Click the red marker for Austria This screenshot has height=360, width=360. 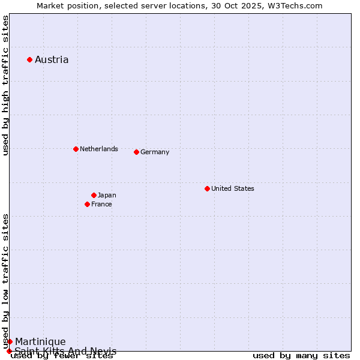(x=29, y=59)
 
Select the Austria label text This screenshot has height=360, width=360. (x=52, y=59)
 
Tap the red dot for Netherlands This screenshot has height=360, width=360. (x=76, y=149)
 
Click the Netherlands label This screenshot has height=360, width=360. (x=99, y=149)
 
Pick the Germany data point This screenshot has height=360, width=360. (x=136, y=152)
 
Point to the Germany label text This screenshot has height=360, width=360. (x=155, y=152)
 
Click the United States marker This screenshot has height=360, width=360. (x=207, y=188)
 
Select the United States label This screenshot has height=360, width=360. (x=233, y=188)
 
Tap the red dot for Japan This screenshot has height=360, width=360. (x=94, y=195)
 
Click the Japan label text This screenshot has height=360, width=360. (x=107, y=195)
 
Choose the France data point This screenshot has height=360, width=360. (x=87, y=204)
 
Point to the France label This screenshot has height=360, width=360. (x=101, y=204)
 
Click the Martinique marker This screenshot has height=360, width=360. (x=10, y=341)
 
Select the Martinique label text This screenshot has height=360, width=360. (x=40, y=341)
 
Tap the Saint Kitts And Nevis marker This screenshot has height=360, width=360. (x=9, y=351)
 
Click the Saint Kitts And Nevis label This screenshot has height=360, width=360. (x=65, y=351)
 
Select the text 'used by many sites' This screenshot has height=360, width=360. (x=301, y=356)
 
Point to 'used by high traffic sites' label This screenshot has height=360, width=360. (x=5, y=86)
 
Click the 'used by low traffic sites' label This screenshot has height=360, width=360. (x=5, y=281)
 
